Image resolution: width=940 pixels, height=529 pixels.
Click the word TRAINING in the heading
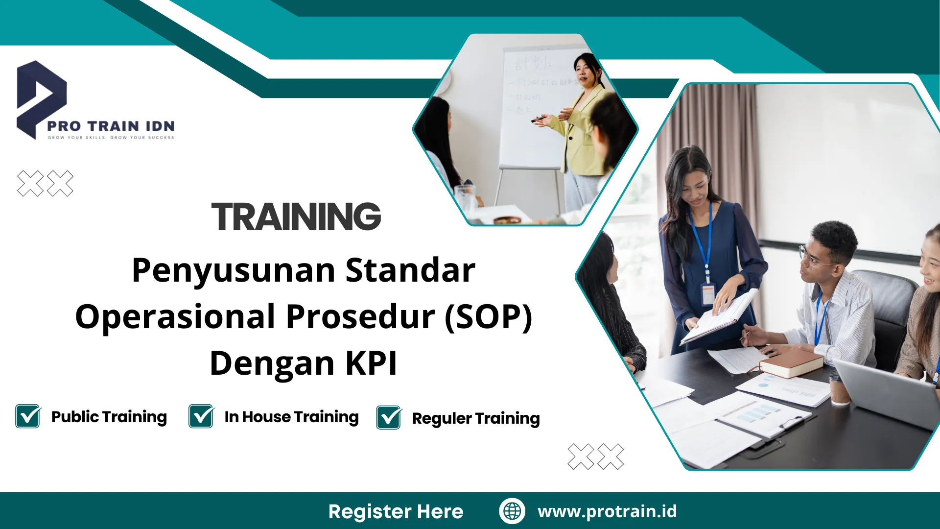[296, 216]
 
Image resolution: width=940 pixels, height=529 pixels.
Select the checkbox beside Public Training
[28, 416]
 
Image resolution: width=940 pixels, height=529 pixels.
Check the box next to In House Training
[201, 416]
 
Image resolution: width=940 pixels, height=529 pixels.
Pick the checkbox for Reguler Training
[389, 418]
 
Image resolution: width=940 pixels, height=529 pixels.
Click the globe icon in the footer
[512, 511]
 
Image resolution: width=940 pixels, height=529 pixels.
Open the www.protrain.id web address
[607, 511]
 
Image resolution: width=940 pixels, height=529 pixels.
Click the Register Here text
[396, 511]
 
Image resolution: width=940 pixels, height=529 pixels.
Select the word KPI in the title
[371, 363]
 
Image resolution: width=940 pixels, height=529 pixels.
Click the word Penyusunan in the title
[233, 270]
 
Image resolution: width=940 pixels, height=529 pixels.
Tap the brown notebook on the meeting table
[791, 363]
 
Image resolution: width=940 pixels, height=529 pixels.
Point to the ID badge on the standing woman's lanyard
[708, 294]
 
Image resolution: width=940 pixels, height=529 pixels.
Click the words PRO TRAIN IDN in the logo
[111, 126]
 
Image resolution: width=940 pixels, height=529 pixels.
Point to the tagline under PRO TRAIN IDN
[111, 138]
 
